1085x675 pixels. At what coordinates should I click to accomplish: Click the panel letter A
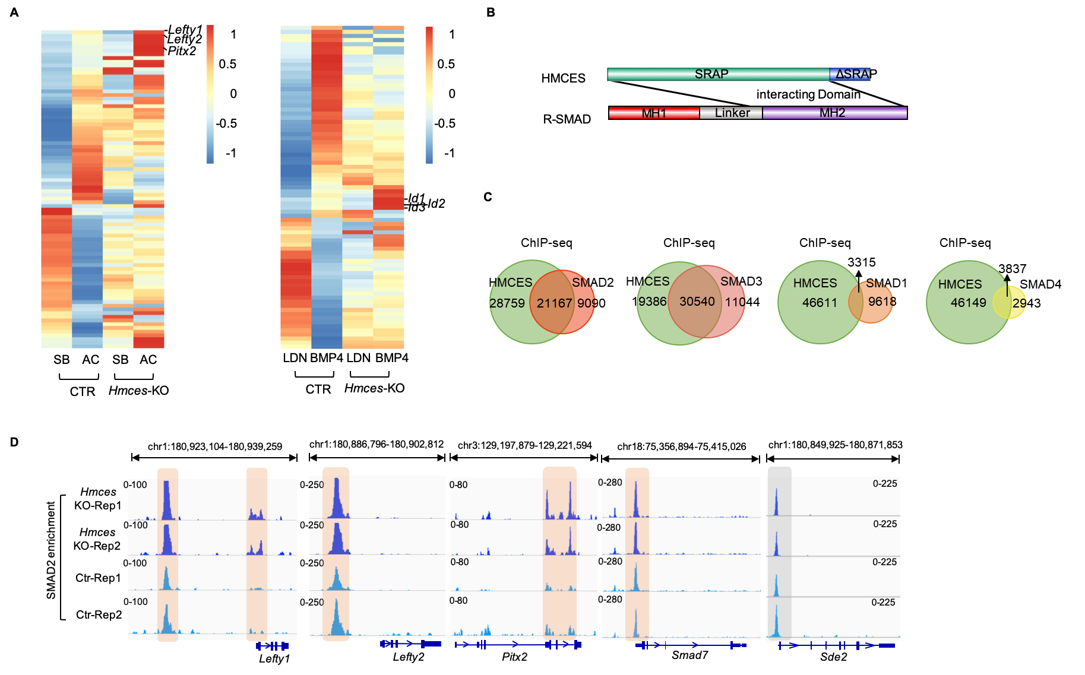pos(14,12)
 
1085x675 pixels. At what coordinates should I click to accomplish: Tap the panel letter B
pos(491,12)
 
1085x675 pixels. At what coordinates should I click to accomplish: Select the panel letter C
pos(488,197)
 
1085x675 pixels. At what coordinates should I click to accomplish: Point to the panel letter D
pos(14,442)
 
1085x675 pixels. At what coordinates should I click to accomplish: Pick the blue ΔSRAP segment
pos(850,74)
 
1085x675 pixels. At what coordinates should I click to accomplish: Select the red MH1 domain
pos(654,113)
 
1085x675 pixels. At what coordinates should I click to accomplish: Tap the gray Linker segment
pos(732,113)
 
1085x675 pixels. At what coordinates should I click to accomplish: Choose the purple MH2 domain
pos(833,113)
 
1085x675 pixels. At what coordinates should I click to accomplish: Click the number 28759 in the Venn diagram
pos(507,303)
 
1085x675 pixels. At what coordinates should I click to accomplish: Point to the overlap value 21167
pos(554,303)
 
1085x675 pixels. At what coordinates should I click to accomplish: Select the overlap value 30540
pos(697,302)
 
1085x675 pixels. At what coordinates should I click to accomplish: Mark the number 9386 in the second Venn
pos(652,302)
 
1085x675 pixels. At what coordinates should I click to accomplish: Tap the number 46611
pos(820,303)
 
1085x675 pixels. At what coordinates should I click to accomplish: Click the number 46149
pos(968,303)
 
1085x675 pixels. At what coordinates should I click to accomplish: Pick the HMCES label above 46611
pos(815,283)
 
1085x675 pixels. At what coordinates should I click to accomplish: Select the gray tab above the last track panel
pos(779,471)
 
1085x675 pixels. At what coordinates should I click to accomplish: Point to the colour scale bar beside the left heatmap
pos(210,95)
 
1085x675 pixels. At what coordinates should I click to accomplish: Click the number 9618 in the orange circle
pos(880,302)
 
